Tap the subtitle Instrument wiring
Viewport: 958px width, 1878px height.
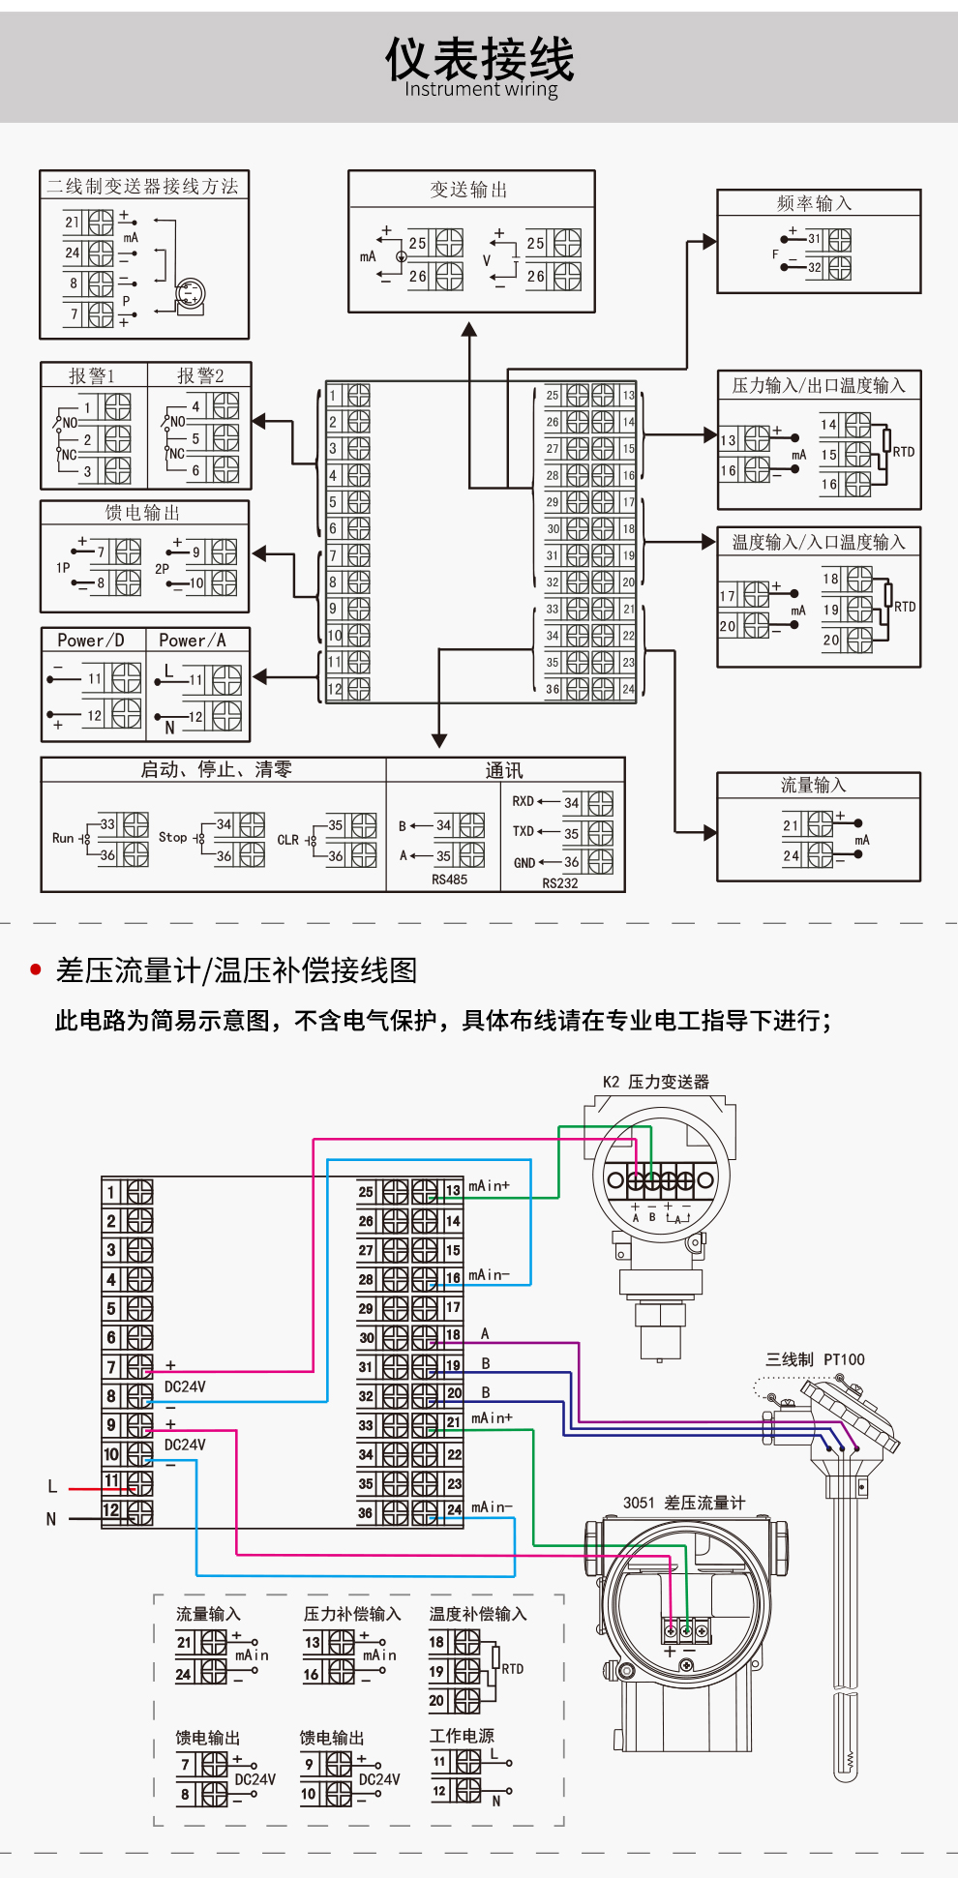click(481, 90)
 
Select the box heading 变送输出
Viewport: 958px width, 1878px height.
click(469, 190)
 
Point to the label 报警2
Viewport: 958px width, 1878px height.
click(200, 375)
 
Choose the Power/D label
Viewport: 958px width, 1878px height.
click(91, 640)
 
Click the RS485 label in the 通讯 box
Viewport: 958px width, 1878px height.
click(449, 879)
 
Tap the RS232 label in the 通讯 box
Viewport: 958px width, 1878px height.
click(559, 882)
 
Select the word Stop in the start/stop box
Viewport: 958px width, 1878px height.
click(172, 837)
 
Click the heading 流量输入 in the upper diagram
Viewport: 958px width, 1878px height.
click(813, 785)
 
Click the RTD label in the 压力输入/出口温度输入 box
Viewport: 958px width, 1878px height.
click(903, 452)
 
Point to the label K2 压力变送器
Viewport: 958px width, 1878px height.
click(655, 1082)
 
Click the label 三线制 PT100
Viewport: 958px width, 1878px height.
click(815, 1359)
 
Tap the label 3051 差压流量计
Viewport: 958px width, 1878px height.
click(683, 1503)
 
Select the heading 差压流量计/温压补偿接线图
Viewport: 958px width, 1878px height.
click(236, 970)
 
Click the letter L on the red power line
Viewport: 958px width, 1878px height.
click(52, 1486)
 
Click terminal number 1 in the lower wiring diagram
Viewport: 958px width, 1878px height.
click(111, 1192)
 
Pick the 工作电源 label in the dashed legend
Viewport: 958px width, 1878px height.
click(462, 1736)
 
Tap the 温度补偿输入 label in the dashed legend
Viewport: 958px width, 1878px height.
click(478, 1614)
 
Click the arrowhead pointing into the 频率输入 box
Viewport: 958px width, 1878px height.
click(710, 241)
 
